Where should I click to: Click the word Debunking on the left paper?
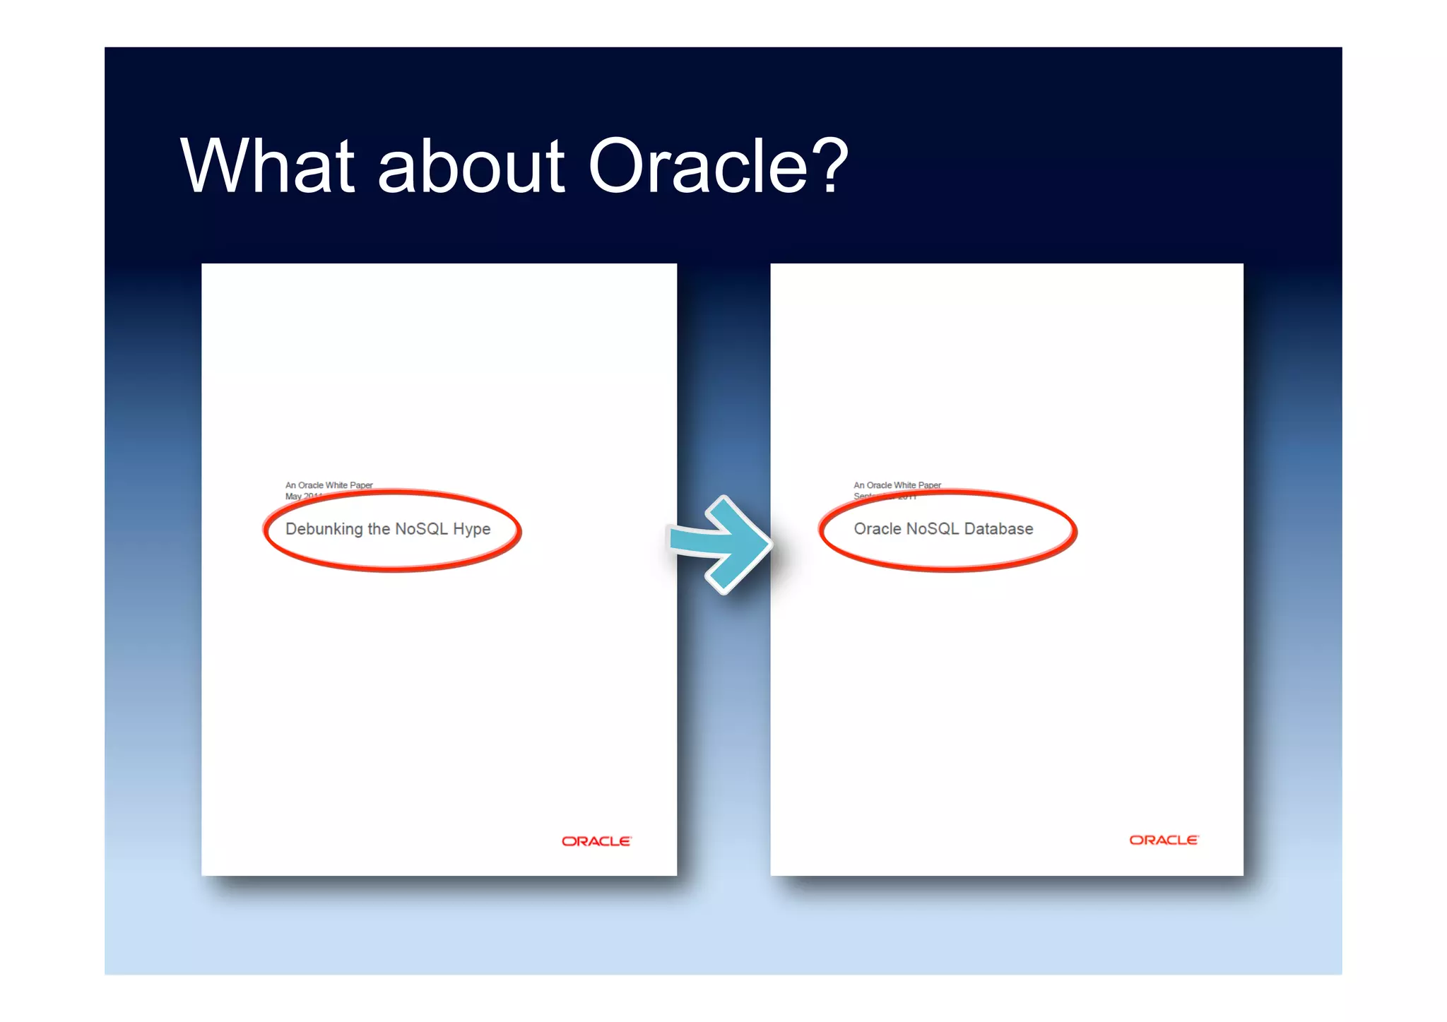click(x=324, y=529)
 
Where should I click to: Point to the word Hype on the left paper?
click(x=471, y=530)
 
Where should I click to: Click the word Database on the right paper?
click(x=998, y=529)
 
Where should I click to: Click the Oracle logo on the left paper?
click(x=596, y=841)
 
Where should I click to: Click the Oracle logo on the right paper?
click(x=1164, y=840)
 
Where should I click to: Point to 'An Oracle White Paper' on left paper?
click(x=329, y=485)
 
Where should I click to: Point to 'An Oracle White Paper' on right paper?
click(x=897, y=485)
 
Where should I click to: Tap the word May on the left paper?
click(x=293, y=496)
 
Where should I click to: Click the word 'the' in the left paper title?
click(x=379, y=529)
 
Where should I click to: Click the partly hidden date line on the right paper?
click(x=885, y=497)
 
